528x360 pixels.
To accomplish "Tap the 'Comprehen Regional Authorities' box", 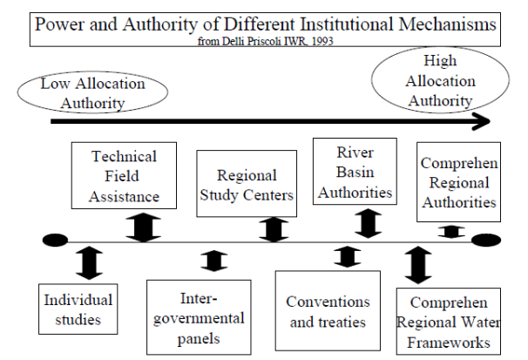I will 458,183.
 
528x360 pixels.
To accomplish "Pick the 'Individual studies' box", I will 79,310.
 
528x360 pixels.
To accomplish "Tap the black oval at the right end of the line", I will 485,241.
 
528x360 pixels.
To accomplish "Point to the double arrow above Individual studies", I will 89,262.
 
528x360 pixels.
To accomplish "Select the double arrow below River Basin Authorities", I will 369,222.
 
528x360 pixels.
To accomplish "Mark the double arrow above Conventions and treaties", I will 348,256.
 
